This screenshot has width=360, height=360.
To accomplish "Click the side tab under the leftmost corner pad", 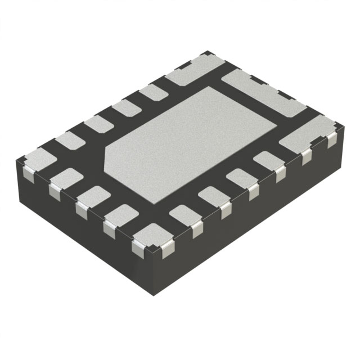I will pyautogui.click(x=26, y=171).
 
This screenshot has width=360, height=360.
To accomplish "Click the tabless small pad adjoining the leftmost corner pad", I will pyautogui.click(x=69, y=140).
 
